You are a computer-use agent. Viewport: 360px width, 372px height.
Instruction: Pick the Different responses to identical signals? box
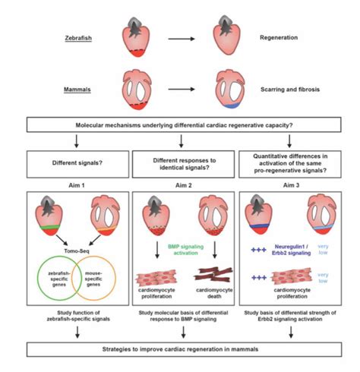(x=180, y=160)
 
